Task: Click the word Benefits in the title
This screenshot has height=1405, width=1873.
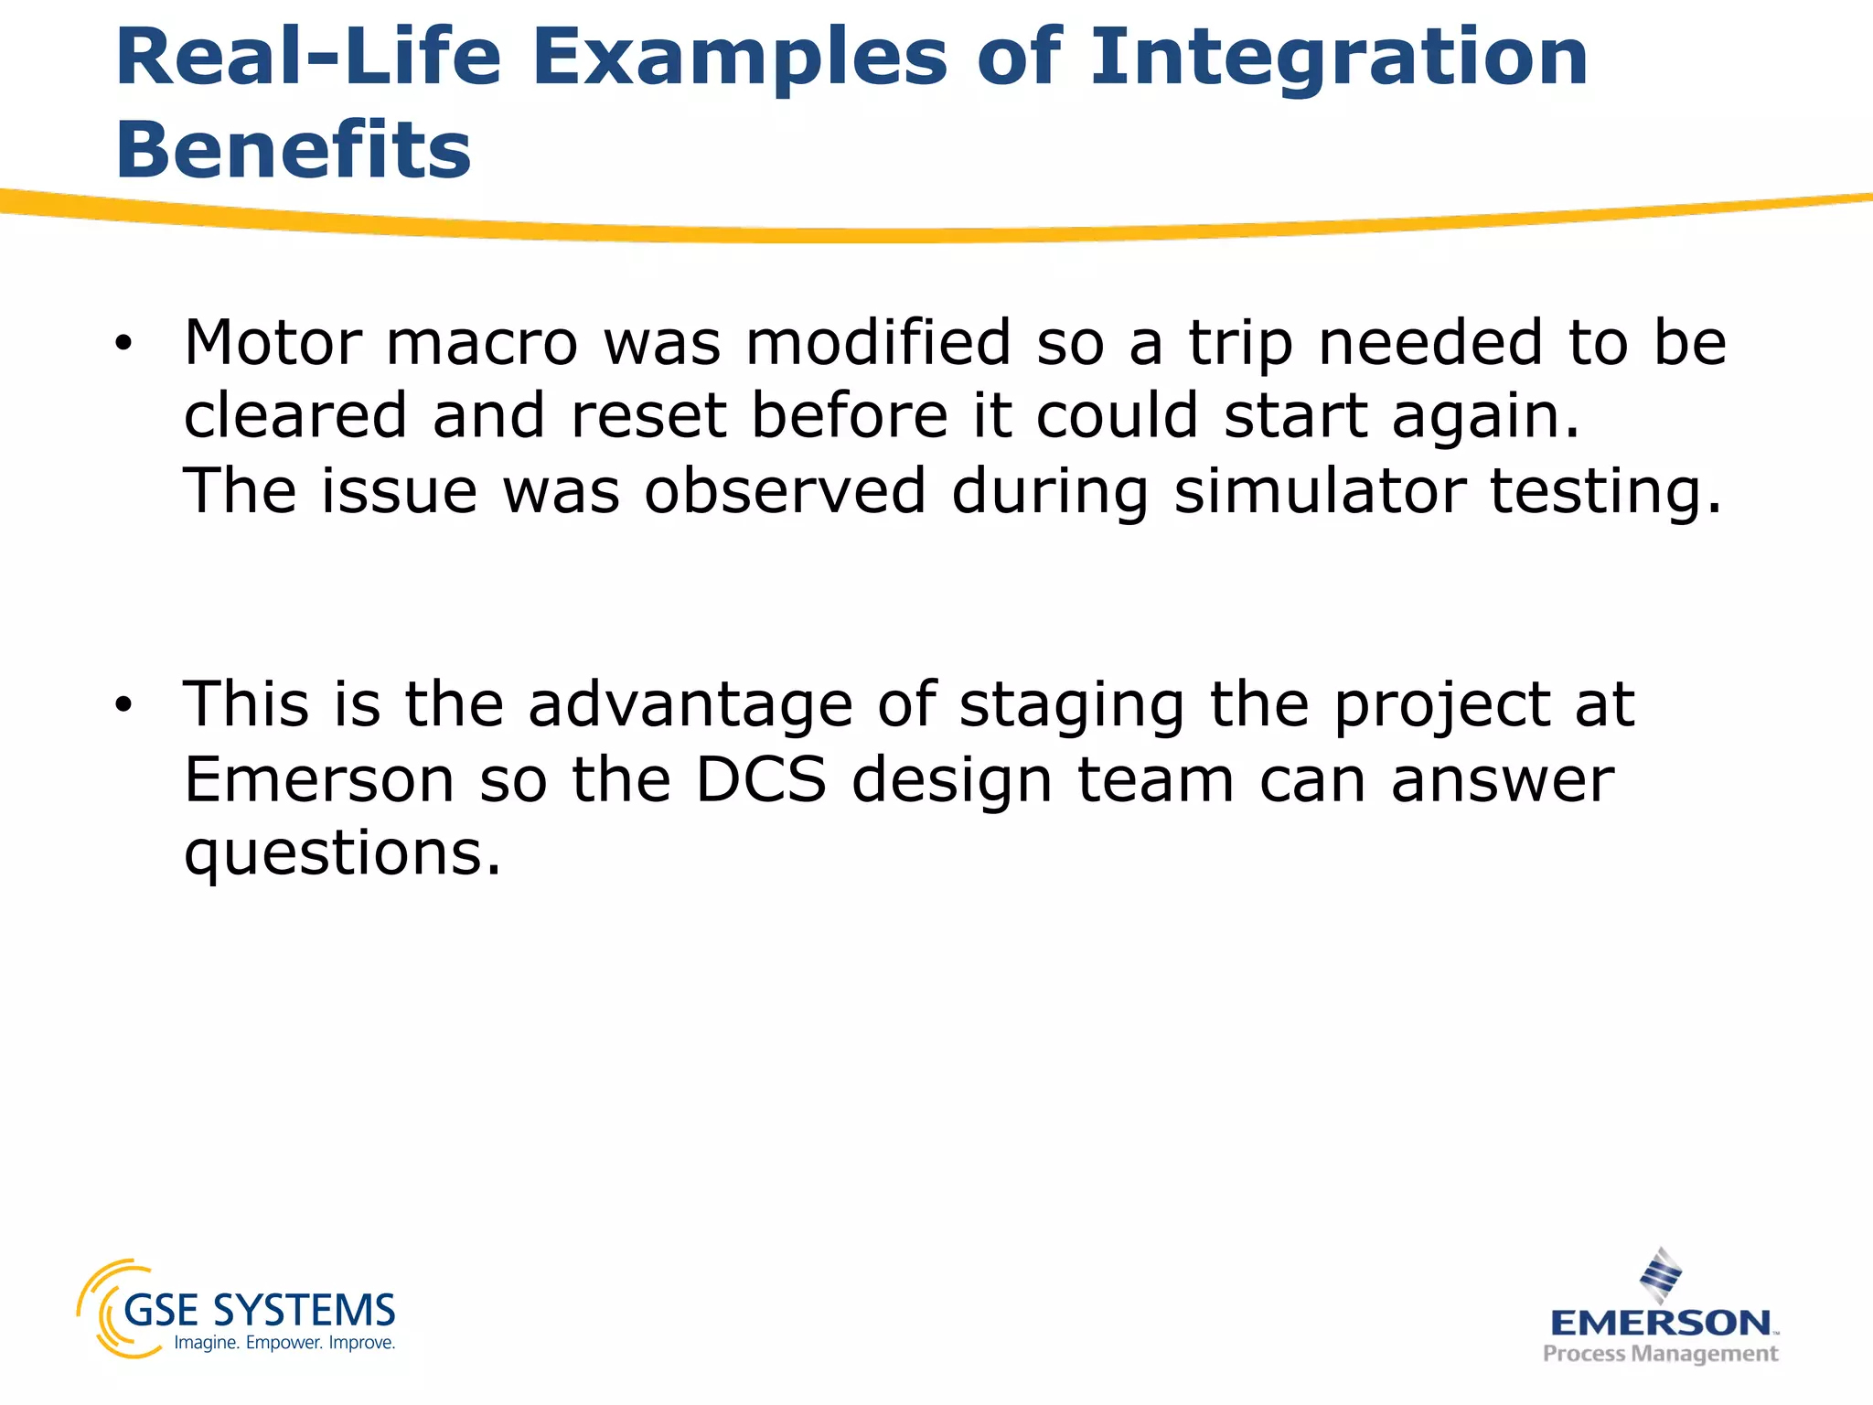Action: [x=294, y=150]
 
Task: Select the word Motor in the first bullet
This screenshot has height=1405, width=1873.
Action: [x=273, y=343]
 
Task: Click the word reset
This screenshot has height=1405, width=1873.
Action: [x=648, y=416]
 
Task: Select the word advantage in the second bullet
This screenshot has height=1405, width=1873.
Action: [x=690, y=707]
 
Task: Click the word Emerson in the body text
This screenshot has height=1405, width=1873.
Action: [x=319, y=780]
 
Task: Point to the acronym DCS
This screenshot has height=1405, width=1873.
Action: [x=761, y=780]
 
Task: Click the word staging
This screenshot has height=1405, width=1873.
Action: [x=1071, y=707]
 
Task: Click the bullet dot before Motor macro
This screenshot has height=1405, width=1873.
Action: [x=123, y=345]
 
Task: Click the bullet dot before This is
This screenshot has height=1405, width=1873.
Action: [x=123, y=706]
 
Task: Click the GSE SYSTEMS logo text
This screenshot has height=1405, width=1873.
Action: [x=259, y=1311]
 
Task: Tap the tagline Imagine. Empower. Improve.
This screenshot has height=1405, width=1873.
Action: [x=284, y=1343]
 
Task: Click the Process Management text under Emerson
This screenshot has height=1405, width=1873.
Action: [x=1660, y=1354]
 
